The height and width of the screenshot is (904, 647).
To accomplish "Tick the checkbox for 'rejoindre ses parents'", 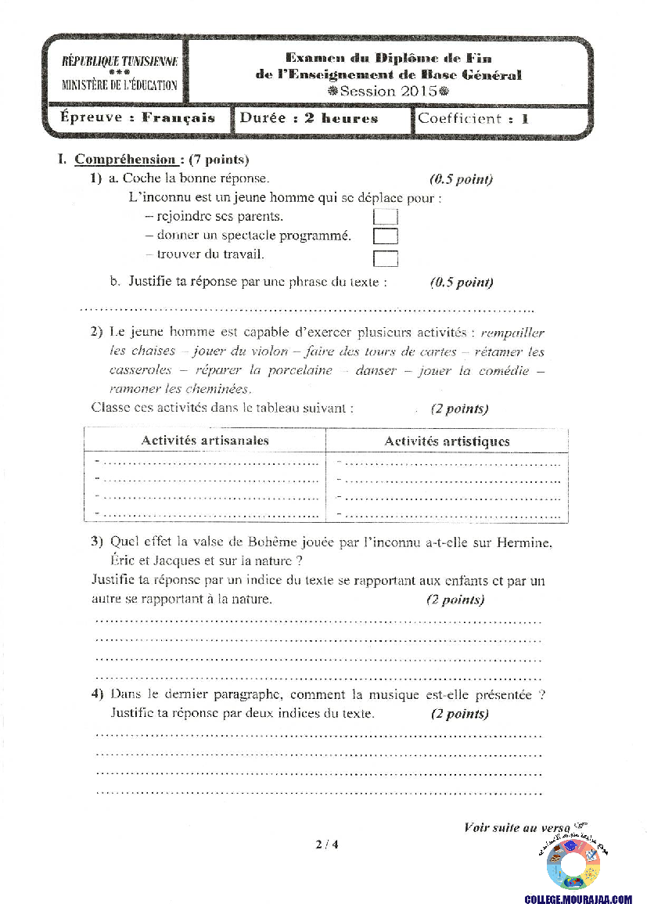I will pyautogui.click(x=386, y=217).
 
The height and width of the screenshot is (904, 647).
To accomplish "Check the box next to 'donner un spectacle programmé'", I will pyautogui.click(x=386, y=236).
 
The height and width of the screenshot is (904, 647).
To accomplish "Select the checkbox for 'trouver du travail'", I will pyautogui.click(x=386, y=258).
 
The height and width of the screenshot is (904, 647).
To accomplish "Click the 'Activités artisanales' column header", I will pyautogui.click(x=205, y=441).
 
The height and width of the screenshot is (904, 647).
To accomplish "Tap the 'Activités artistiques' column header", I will pyautogui.click(x=447, y=441).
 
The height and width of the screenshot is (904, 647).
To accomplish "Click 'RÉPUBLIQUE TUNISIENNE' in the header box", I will pyautogui.click(x=120, y=62).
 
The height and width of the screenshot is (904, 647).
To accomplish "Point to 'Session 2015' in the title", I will pyautogui.click(x=389, y=91).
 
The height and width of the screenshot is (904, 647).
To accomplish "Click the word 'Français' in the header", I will pyautogui.click(x=178, y=118).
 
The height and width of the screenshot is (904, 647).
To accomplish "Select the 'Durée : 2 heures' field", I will pyautogui.click(x=309, y=119).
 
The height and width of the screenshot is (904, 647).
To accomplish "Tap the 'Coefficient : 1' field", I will pyautogui.click(x=473, y=119).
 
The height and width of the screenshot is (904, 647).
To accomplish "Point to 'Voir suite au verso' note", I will pyautogui.click(x=517, y=827).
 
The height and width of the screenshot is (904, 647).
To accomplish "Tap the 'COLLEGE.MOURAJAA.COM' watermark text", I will pyautogui.click(x=578, y=899).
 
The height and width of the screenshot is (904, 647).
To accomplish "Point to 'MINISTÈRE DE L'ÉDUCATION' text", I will pyautogui.click(x=120, y=85).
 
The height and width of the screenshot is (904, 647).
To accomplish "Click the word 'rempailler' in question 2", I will pyautogui.click(x=513, y=333).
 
